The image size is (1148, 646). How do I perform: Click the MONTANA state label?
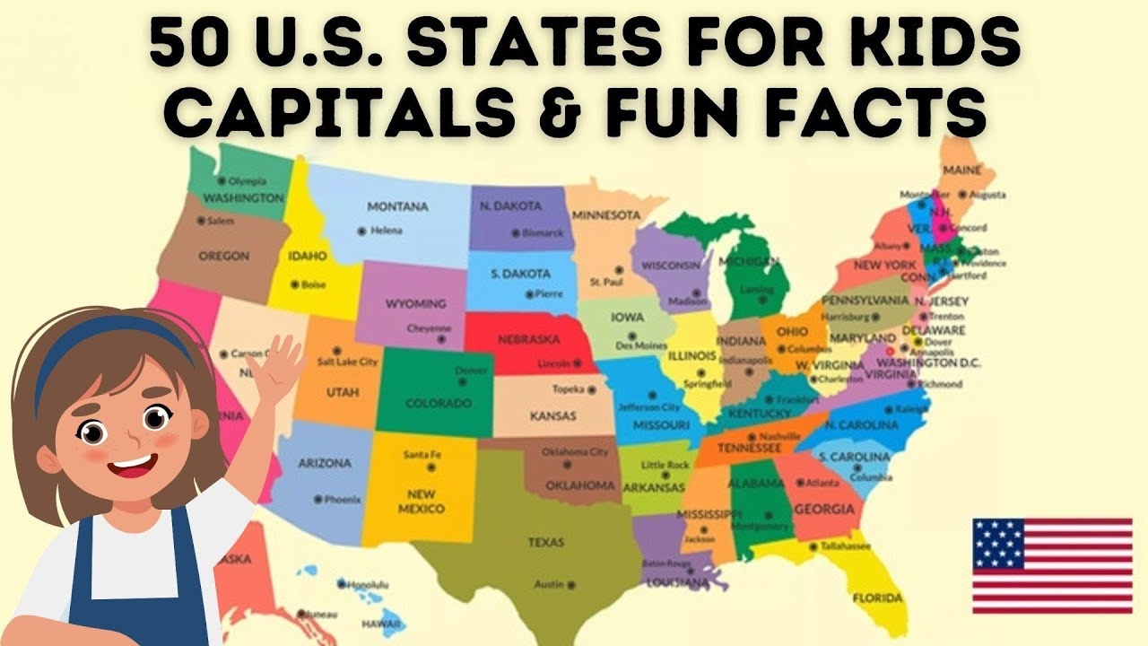click(x=397, y=206)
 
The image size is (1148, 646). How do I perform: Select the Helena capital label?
click(x=387, y=231)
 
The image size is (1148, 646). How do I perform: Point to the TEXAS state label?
click(x=545, y=542)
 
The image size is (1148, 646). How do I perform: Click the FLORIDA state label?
click(x=877, y=598)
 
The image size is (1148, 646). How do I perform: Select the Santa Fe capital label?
click(x=422, y=455)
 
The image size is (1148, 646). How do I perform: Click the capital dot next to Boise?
click(x=293, y=284)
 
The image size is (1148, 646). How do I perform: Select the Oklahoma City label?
click(x=576, y=451)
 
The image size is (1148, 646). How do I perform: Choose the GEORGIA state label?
click(x=824, y=510)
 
